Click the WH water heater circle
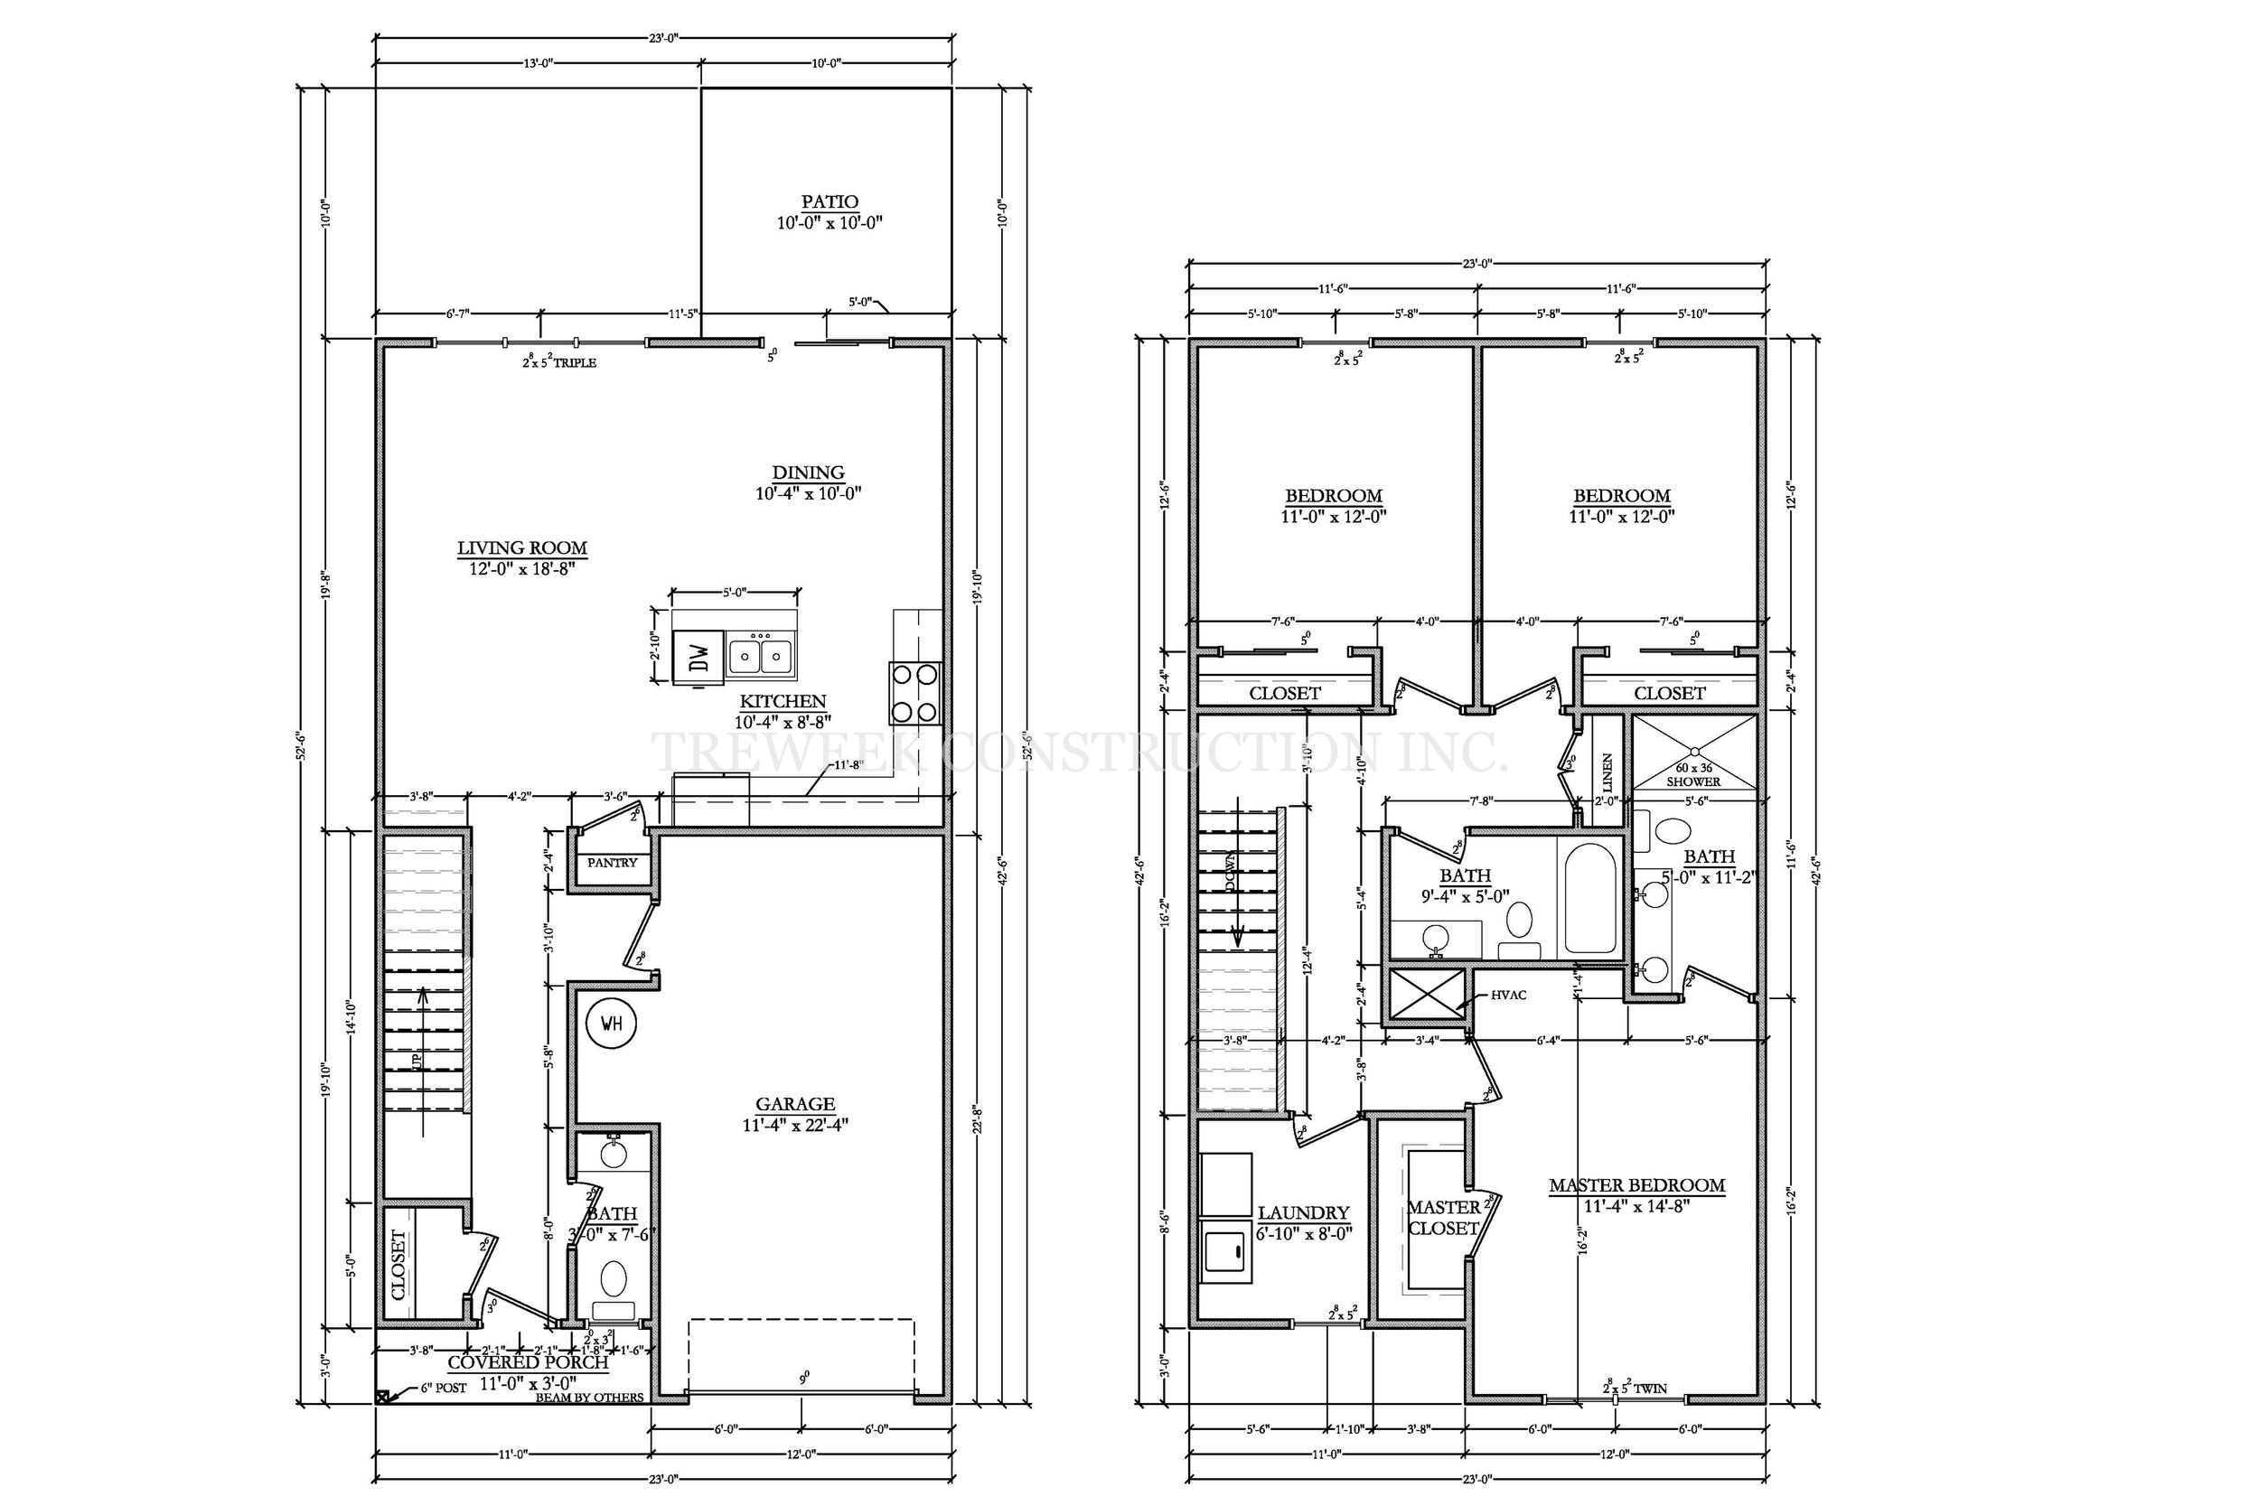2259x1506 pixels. click(x=611, y=1023)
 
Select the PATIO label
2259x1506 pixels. click(x=830, y=201)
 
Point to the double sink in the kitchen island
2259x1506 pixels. click(x=760, y=657)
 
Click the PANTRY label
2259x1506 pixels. click(x=612, y=863)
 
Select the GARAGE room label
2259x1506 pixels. click(x=794, y=1104)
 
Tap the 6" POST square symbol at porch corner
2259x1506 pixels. click(x=382, y=1397)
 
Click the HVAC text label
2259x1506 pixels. click(x=1508, y=995)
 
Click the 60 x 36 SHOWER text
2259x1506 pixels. click(x=1693, y=775)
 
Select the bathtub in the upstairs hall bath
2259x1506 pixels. click(x=1590, y=898)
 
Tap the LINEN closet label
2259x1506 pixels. click(x=1608, y=772)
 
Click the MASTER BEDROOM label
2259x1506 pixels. click(x=1636, y=1185)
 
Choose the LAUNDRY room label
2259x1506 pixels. click(x=1303, y=1213)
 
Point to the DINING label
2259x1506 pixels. click(x=808, y=472)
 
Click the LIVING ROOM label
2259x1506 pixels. click(x=521, y=548)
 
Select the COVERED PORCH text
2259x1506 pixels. click(x=528, y=1362)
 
